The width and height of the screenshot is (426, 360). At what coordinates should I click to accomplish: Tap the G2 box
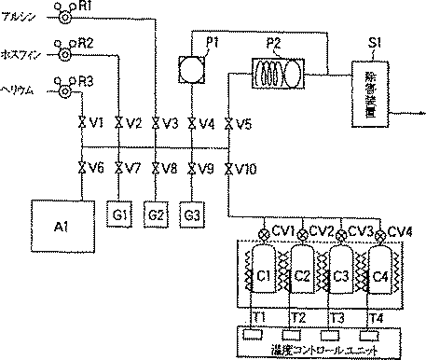tap(157, 214)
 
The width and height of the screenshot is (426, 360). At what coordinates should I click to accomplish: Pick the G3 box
tap(192, 214)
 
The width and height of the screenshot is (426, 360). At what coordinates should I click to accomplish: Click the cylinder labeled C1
tap(264, 275)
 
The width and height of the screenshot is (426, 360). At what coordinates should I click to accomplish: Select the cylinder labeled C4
tap(379, 275)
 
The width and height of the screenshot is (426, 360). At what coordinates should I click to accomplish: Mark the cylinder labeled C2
tap(303, 275)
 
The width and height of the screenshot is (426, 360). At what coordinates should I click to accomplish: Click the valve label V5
tap(244, 123)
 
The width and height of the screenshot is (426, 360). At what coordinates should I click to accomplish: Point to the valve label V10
tap(246, 169)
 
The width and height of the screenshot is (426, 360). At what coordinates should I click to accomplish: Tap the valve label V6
tap(94, 169)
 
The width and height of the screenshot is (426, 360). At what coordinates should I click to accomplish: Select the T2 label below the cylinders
tap(299, 317)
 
